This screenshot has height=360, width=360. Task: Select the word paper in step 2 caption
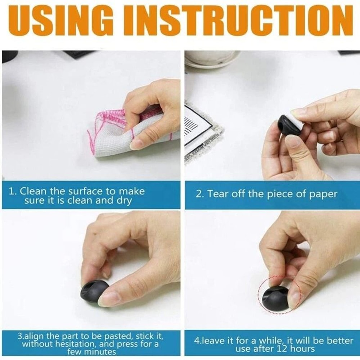click(x=323, y=194)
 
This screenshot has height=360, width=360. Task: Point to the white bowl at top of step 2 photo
click(x=212, y=58)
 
